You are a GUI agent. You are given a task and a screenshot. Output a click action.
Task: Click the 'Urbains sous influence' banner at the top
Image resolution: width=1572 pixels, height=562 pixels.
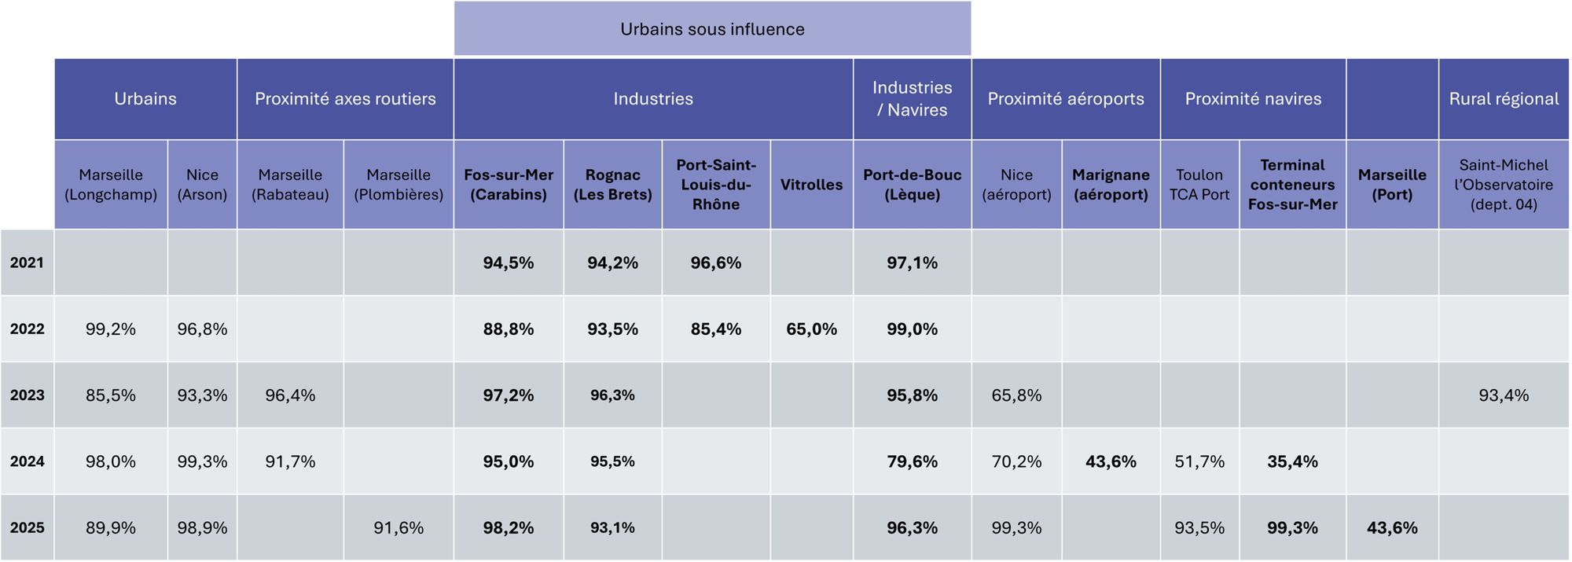712,29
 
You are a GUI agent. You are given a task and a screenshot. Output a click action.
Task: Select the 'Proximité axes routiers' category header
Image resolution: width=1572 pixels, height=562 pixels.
345,99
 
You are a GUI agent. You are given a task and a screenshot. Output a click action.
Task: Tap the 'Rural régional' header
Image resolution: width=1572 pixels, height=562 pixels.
1504,99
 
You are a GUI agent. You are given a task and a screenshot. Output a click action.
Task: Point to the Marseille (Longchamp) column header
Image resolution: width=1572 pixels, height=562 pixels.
111,185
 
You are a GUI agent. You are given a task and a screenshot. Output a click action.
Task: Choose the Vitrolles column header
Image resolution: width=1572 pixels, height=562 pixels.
811,185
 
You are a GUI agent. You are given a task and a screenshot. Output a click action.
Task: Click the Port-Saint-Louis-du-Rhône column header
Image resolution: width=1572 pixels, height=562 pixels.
716,185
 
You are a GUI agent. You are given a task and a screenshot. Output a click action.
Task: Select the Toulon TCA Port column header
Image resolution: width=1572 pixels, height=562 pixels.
1199,185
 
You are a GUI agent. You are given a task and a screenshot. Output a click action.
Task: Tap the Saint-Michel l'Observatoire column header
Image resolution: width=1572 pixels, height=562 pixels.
1504,185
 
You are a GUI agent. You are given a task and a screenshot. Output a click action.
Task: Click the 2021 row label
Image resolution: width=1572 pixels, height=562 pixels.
27,263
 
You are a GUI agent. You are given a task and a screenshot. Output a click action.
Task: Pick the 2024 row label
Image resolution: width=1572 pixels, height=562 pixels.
27,461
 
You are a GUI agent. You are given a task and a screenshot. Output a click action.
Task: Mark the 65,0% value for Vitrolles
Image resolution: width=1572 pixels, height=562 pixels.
811,329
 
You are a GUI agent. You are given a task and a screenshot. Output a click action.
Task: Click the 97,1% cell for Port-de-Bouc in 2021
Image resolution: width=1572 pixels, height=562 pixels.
912,263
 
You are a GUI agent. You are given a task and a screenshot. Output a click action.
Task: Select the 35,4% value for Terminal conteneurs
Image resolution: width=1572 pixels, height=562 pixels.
1292,462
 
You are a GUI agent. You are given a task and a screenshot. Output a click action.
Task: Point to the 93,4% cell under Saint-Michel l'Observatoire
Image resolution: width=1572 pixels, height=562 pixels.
1504,395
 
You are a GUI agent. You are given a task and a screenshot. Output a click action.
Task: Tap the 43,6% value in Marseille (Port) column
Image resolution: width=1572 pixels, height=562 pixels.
1392,528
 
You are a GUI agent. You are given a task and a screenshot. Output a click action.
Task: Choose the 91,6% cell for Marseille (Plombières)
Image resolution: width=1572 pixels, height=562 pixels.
399,528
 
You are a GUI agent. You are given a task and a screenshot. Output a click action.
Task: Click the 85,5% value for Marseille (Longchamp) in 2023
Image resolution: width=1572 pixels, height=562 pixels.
111,395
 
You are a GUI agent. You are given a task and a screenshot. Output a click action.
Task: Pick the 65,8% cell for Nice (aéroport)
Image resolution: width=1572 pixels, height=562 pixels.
1016,395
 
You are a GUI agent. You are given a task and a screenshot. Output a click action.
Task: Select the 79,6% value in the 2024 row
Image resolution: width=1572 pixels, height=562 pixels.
912,462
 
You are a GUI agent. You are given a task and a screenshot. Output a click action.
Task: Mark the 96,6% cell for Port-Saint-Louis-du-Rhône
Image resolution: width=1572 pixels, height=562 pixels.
716,263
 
